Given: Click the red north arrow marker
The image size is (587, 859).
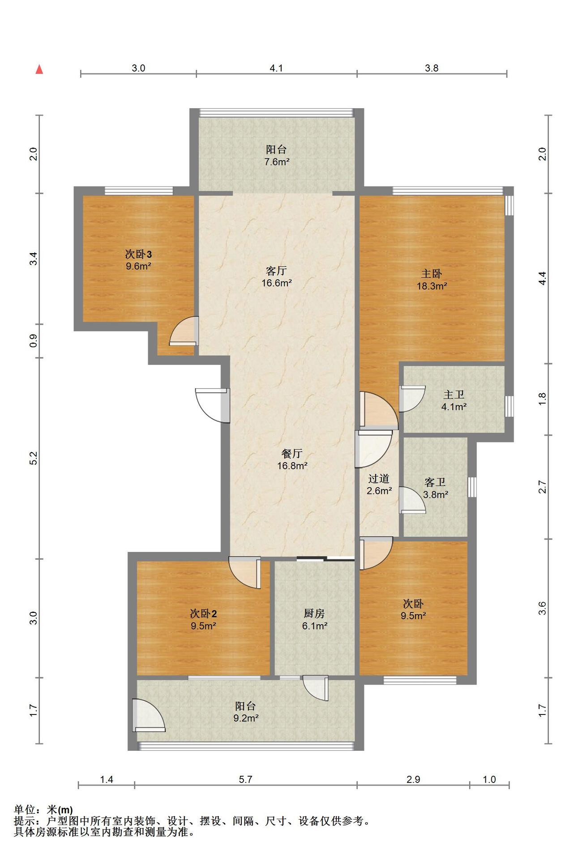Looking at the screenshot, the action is (x=39, y=69).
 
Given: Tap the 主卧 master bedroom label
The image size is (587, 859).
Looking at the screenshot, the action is (x=432, y=273).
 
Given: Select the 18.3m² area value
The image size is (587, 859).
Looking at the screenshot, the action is (x=432, y=286).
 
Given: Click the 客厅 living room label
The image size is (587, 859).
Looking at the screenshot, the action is (x=276, y=271).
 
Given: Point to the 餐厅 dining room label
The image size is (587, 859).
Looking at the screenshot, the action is (x=292, y=454).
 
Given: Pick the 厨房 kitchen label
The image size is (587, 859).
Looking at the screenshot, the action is (x=314, y=613).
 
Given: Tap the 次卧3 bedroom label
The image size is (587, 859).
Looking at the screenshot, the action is (x=138, y=255).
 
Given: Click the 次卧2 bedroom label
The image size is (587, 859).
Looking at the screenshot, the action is (x=204, y=613).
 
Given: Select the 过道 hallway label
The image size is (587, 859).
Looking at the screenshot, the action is (x=379, y=479).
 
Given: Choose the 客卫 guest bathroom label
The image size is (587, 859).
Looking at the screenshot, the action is (x=435, y=482).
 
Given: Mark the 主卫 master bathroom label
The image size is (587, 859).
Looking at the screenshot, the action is (x=454, y=395).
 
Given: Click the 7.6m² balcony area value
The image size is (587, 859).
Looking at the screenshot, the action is (x=277, y=162).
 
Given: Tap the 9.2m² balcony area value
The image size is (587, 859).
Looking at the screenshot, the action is (x=246, y=719).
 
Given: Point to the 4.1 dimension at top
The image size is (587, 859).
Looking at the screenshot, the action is (x=276, y=68).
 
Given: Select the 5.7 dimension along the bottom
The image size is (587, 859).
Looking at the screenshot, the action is (x=245, y=779).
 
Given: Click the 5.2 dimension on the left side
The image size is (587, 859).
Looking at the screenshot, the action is (x=33, y=458).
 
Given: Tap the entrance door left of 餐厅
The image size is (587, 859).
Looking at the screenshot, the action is (x=213, y=405).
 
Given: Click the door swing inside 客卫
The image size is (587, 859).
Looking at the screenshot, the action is (x=412, y=499).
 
